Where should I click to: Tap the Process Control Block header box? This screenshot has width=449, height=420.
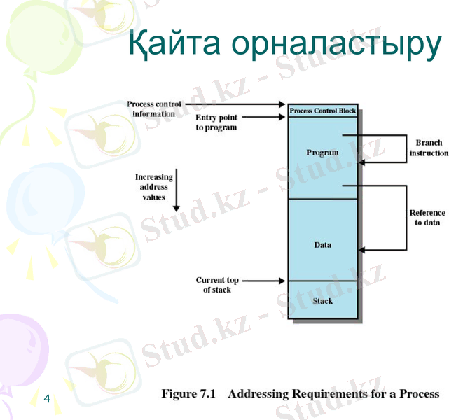coord(322,111)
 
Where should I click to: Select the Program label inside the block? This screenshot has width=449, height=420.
coord(322,152)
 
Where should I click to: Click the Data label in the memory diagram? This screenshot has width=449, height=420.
coord(322,245)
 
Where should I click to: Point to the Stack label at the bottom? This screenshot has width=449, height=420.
coord(322,301)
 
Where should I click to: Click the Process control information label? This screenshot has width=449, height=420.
coord(154,108)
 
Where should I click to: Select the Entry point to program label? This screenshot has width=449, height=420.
coord(216,122)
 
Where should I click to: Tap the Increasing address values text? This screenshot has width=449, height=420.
coord(154,187)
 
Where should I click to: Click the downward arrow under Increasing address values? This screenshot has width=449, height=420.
coord(177,189)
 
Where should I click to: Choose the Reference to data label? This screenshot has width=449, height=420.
coord(427,218)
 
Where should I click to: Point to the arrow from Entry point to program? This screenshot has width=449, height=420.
coord(265,118)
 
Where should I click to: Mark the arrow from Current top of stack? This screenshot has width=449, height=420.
coord(264,281)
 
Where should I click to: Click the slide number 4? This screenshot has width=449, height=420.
coord(46,398)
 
